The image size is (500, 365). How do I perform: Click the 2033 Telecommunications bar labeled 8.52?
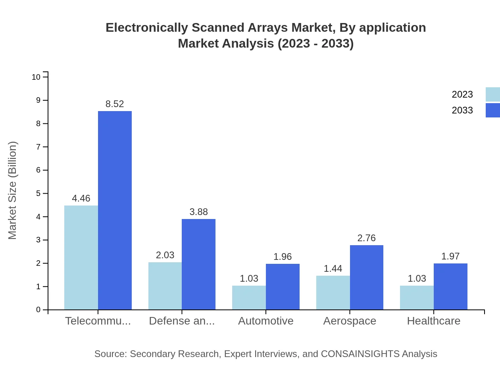(115, 210)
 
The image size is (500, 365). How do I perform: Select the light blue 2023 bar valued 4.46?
(81, 257)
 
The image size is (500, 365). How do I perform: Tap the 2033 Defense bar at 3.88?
(198, 264)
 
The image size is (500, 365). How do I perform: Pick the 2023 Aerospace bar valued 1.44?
(333, 293)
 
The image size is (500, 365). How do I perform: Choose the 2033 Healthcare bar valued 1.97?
(450, 286)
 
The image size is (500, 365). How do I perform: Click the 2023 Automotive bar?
(249, 298)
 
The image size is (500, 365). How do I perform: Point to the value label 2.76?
(366, 238)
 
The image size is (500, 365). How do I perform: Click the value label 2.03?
(165, 255)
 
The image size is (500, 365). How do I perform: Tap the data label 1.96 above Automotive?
(283, 257)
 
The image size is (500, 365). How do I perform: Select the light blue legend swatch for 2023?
(492, 94)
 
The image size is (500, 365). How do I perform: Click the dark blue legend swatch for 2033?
(492, 110)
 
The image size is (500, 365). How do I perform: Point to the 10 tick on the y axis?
(36, 77)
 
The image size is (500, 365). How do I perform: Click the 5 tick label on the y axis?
(38, 194)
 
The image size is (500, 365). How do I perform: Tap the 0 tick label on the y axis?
(38, 310)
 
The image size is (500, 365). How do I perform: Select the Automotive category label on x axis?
(265, 321)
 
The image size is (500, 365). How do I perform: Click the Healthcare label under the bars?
(433, 321)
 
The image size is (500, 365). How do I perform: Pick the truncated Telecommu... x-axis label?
(98, 321)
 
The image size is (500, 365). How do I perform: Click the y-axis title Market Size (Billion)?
(13, 190)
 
